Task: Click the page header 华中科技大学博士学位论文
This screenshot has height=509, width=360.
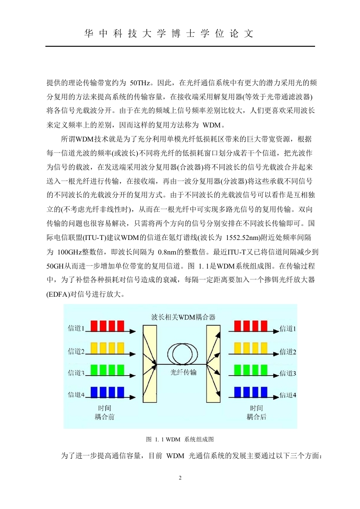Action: tap(168, 34)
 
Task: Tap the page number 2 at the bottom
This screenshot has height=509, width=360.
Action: tap(180, 478)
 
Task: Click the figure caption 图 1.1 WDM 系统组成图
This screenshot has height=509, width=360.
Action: tap(180, 439)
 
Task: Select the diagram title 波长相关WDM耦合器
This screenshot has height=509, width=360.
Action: tap(183, 317)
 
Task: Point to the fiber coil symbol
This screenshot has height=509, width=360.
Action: tap(183, 354)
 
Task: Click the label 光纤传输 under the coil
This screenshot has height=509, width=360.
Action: tap(183, 372)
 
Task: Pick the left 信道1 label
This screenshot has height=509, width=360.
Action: tap(76, 328)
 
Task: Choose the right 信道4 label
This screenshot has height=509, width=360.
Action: tap(288, 395)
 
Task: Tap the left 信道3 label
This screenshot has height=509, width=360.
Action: tap(76, 373)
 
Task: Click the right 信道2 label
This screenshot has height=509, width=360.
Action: tap(288, 352)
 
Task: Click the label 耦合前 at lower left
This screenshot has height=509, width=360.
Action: tap(104, 417)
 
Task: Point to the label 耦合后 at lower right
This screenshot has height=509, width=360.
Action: tap(256, 417)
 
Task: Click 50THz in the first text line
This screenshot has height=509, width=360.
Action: tap(140, 83)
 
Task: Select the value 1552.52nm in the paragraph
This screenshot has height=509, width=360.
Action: tap(242, 238)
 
